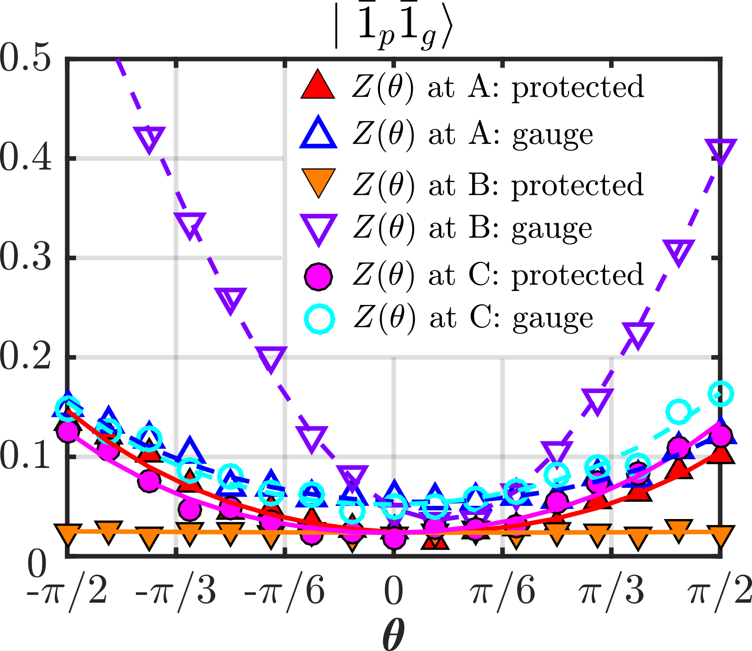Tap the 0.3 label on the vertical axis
[25, 258]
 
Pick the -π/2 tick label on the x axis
[67, 591]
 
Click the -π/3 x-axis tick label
[176, 591]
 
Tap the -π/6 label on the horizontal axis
[284, 591]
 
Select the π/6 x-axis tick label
[503, 591]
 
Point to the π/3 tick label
[611, 591]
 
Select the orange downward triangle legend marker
[318, 181]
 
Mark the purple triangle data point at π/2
[720, 152]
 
